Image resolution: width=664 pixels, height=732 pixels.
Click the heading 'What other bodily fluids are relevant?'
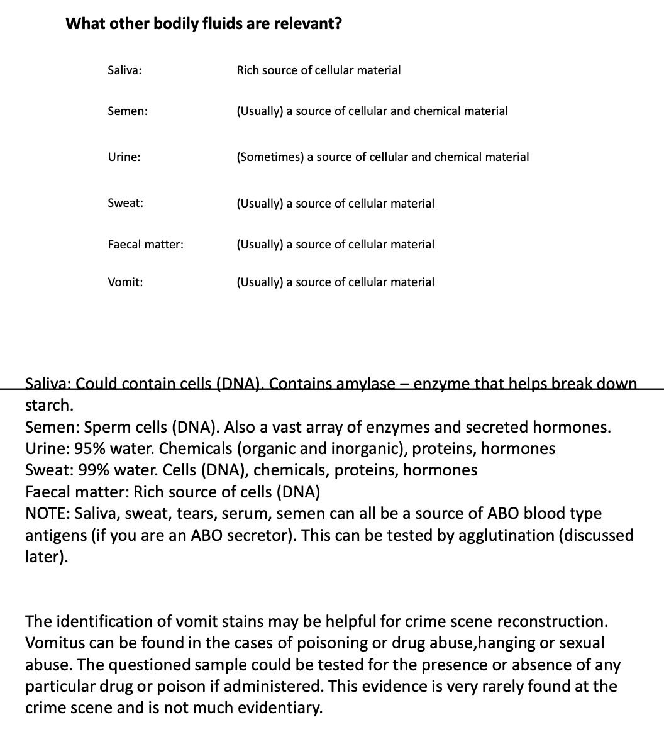click(204, 24)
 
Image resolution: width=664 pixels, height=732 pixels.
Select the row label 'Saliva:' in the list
click(124, 70)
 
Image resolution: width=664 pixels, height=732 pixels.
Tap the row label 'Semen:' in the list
click(128, 111)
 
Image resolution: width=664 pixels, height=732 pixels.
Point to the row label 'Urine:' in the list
click(124, 157)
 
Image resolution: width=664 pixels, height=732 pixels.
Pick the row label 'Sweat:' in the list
click(125, 204)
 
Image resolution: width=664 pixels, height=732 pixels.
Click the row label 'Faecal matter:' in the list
click(145, 244)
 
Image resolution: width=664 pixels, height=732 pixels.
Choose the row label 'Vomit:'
click(125, 282)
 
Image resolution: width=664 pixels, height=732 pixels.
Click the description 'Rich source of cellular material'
click(318, 70)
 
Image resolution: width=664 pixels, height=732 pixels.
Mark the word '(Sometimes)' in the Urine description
click(270, 157)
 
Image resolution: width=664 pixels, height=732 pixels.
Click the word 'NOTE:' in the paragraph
click(48, 514)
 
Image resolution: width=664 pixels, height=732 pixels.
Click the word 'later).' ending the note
click(47, 557)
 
